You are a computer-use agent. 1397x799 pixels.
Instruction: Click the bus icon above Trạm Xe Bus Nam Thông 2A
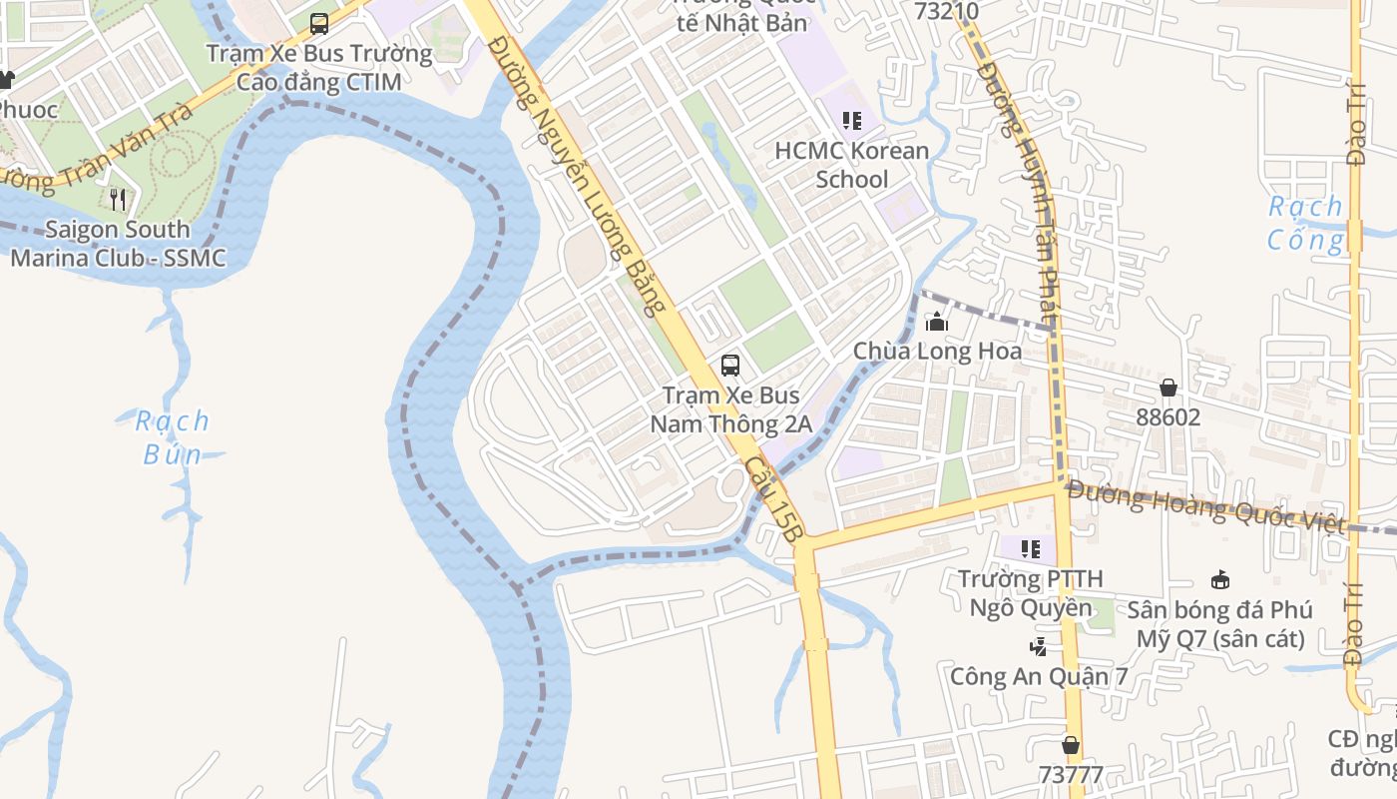(x=730, y=366)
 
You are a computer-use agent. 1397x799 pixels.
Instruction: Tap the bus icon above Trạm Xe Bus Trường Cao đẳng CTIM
(x=319, y=23)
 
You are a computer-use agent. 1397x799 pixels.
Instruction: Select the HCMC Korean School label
(x=851, y=165)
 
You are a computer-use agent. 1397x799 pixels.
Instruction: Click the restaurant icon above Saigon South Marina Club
(x=118, y=200)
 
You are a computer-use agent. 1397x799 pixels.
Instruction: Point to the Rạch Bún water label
(x=173, y=437)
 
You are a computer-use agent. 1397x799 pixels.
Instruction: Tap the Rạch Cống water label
(x=1305, y=223)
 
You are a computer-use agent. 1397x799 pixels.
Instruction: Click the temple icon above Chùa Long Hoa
(x=937, y=323)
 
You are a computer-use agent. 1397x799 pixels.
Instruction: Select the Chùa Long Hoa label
(x=937, y=352)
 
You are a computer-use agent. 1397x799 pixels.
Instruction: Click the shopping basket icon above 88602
(x=1167, y=388)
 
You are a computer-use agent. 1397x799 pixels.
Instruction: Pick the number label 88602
(x=1167, y=416)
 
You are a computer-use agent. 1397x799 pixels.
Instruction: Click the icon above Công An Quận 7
(x=1038, y=647)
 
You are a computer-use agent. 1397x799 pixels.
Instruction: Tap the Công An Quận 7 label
(x=1038, y=676)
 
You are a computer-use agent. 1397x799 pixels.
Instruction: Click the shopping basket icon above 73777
(x=1071, y=745)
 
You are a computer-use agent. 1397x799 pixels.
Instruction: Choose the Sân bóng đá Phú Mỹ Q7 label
(x=1219, y=624)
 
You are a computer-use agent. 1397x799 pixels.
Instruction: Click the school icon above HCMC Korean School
(x=851, y=121)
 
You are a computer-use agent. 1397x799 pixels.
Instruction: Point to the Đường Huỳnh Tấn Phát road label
(x=1018, y=180)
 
